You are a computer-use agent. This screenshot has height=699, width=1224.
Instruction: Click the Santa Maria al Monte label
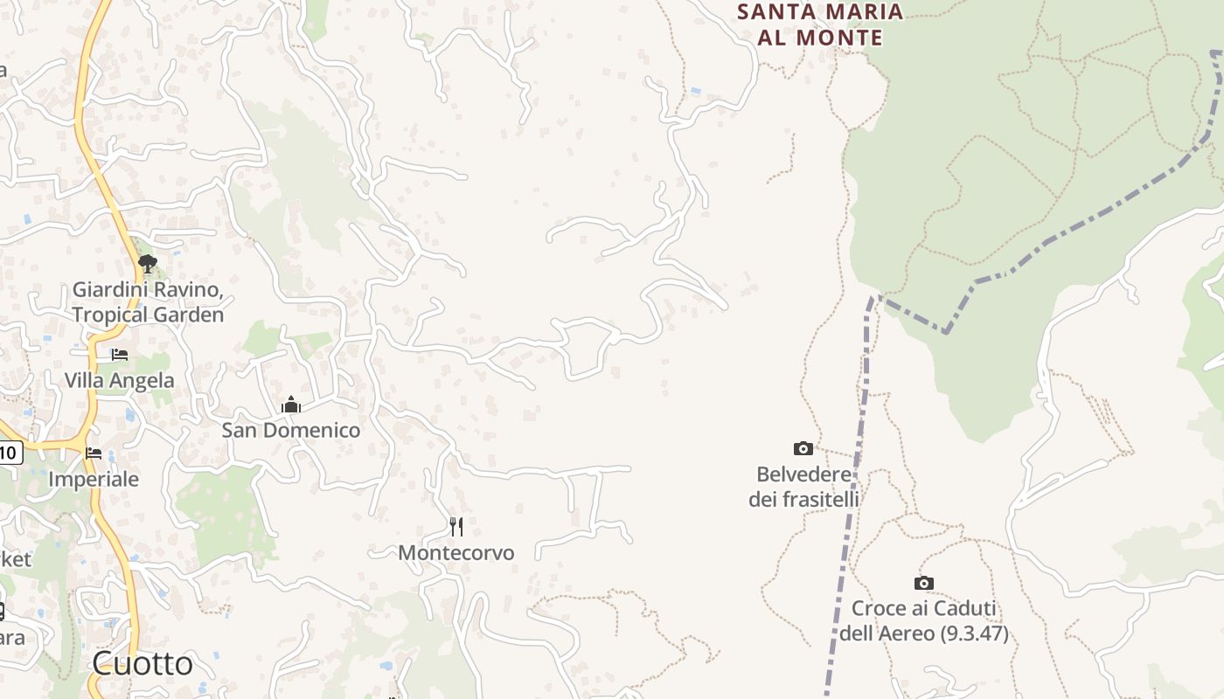click(819, 24)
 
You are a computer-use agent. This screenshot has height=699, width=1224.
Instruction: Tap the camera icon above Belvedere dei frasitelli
click(803, 449)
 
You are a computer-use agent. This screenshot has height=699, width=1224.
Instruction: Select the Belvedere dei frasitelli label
click(803, 488)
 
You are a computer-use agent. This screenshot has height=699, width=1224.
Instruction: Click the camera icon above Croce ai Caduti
click(924, 583)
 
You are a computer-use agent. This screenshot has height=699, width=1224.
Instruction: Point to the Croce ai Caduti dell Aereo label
click(924, 621)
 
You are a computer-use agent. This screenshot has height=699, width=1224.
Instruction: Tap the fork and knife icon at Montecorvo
click(456, 526)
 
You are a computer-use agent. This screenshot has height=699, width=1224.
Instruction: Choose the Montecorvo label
click(456, 553)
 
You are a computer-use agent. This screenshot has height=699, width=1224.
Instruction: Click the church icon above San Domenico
click(291, 405)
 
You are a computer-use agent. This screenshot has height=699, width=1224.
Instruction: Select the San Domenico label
click(290, 431)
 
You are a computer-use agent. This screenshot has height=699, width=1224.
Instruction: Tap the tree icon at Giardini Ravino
click(147, 262)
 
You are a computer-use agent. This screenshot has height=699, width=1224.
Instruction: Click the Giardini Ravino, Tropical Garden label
click(148, 301)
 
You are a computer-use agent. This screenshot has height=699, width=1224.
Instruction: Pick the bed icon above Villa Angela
click(120, 355)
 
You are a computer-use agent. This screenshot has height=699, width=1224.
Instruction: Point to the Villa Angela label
click(119, 381)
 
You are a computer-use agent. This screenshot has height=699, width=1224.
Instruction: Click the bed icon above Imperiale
click(94, 453)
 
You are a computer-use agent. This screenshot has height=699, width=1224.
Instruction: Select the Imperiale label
click(94, 480)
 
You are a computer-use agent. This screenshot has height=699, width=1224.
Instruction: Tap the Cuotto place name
click(143, 664)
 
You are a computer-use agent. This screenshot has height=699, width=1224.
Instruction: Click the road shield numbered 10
click(9, 453)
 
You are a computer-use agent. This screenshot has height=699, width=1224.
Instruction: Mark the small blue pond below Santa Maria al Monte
click(695, 90)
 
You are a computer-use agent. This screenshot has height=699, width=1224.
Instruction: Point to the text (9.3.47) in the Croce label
click(973, 633)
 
